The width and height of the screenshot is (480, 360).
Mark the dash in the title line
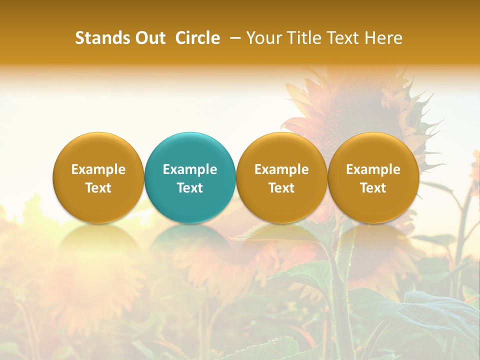[236, 38]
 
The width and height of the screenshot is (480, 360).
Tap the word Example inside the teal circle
[190, 169]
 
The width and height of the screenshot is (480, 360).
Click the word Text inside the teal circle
[190, 188]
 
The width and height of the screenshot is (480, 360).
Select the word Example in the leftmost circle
[98, 169]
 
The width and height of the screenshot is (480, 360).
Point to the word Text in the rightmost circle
[373, 188]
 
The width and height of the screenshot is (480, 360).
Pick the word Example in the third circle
[281, 169]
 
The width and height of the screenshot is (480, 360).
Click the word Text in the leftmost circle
[98, 188]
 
